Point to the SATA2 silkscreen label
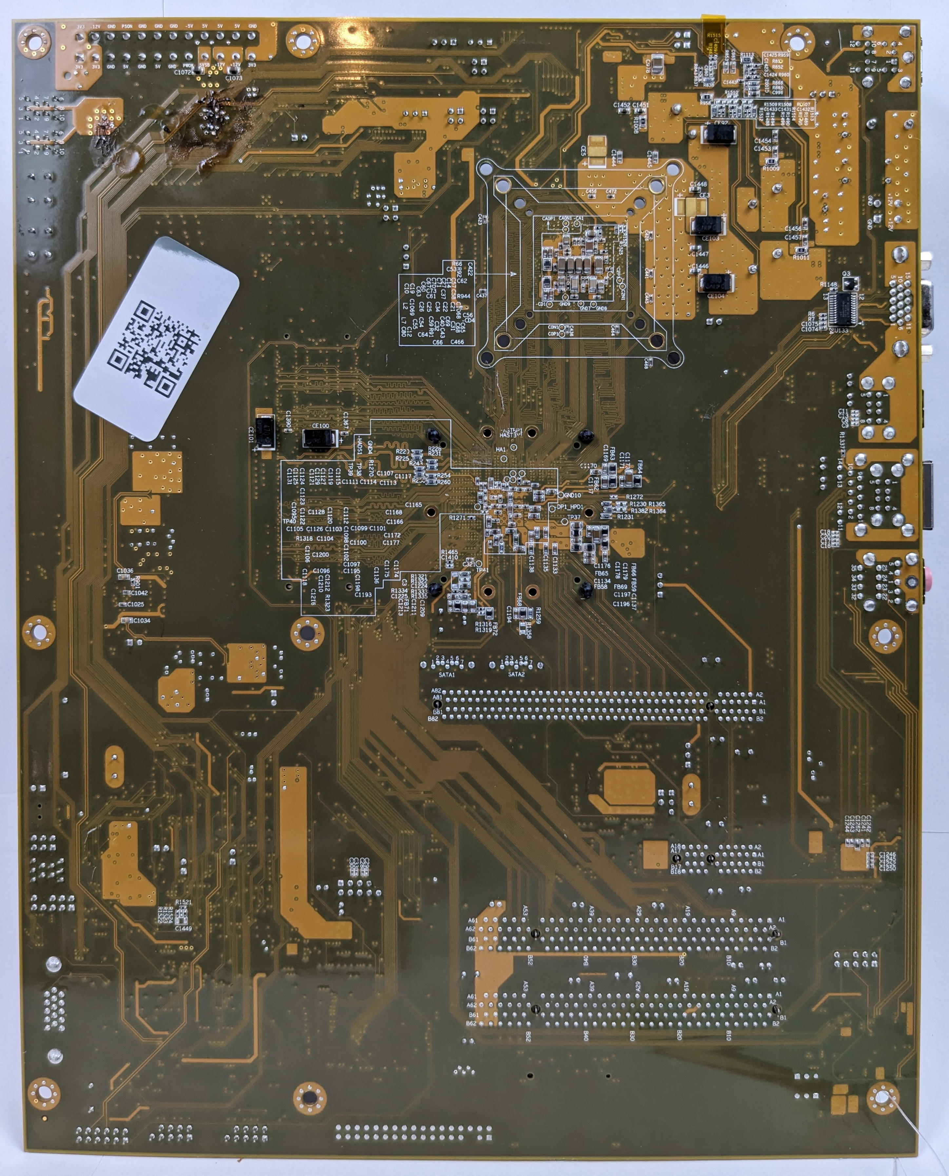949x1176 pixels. (x=516, y=674)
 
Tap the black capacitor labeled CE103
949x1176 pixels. (x=707, y=225)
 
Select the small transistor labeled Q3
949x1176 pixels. (x=849, y=283)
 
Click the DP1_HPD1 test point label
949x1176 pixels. (x=570, y=506)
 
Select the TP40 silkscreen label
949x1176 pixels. (x=289, y=521)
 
